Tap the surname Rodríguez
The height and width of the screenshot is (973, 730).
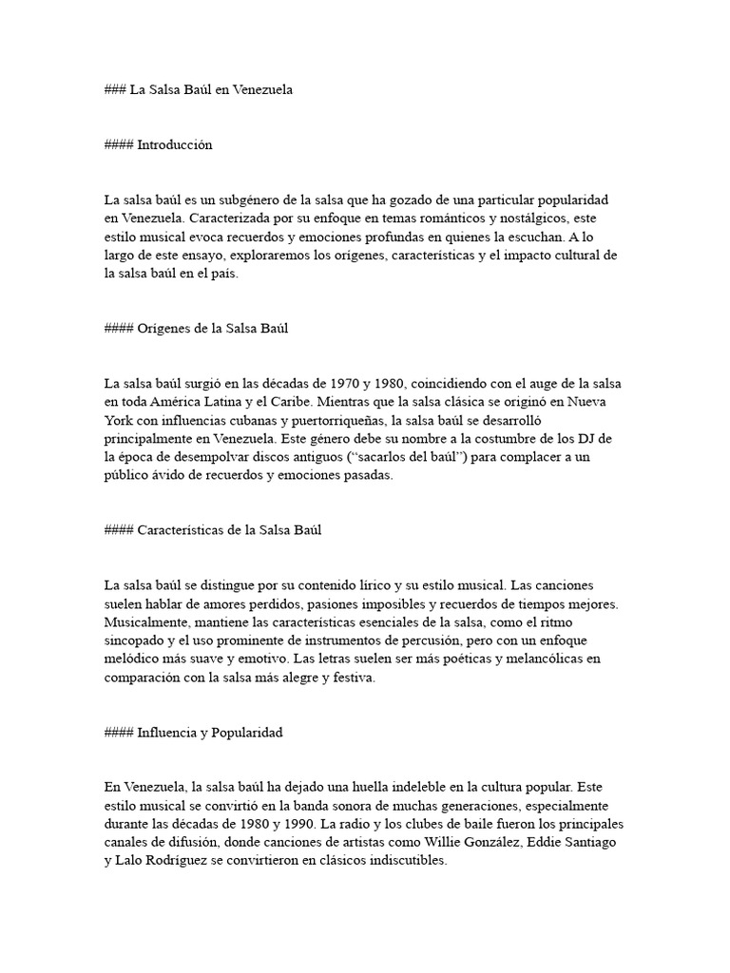177,860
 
